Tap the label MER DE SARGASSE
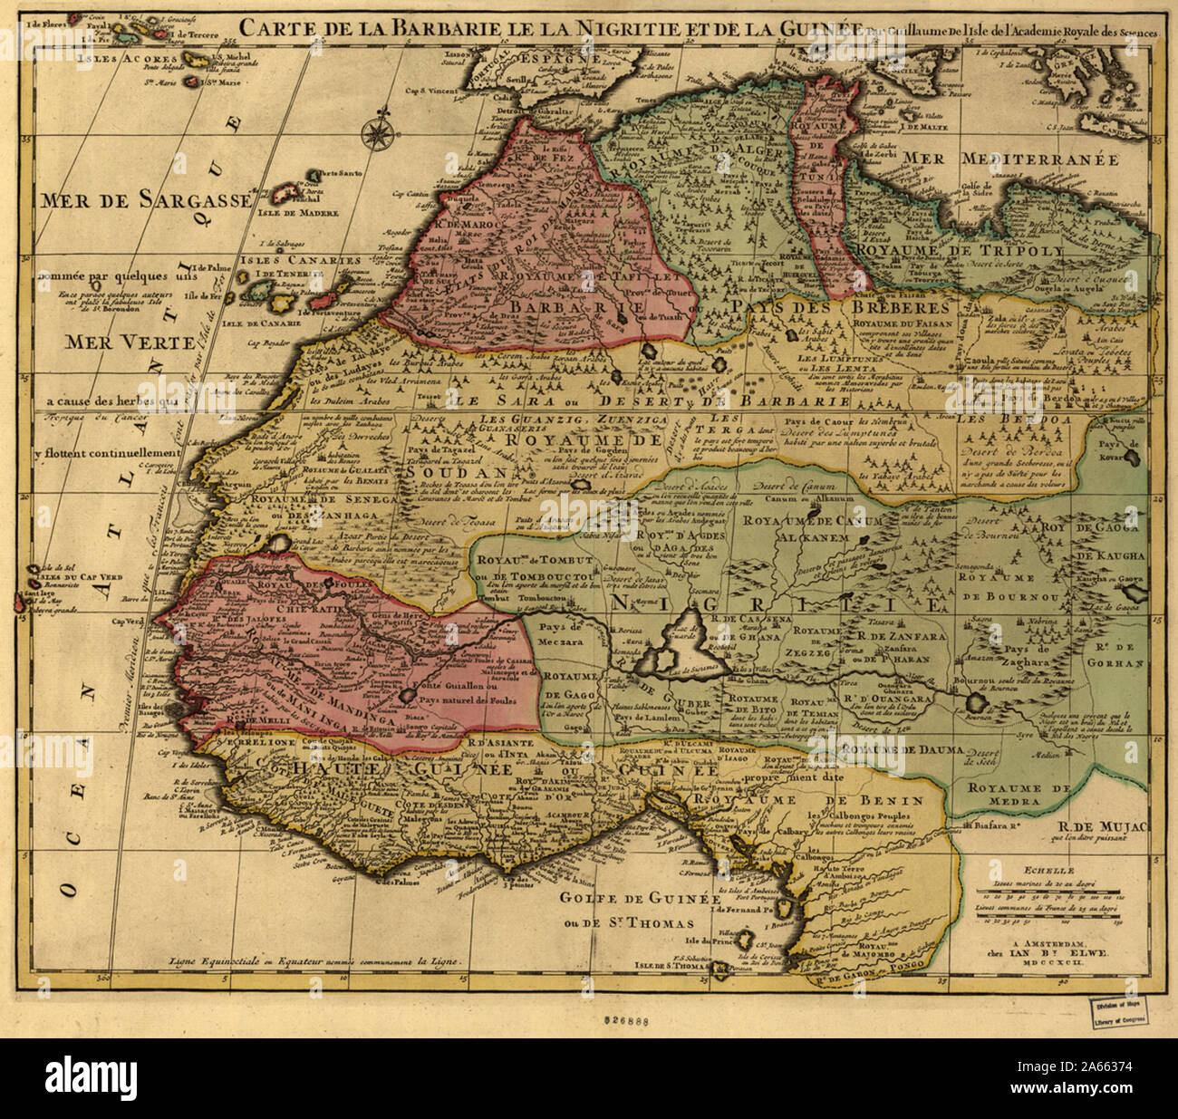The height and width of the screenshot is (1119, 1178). [x=144, y=200]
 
